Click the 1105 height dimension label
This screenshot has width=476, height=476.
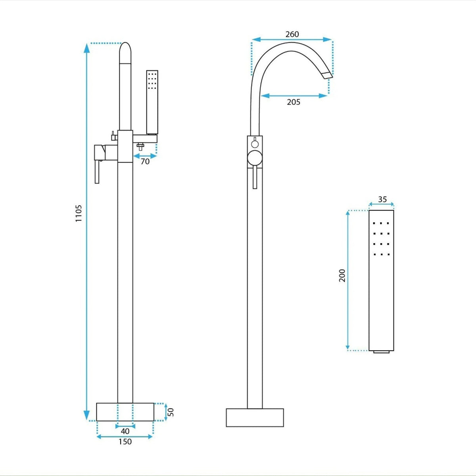(79, 213)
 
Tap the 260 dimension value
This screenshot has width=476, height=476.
(292, 34)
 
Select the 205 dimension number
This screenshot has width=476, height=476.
(294, 102)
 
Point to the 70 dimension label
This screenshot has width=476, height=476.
(145, 161)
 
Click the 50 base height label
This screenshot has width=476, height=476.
(171, 412)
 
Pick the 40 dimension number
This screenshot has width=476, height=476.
(125, 431)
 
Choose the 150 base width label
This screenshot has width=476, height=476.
(125, 441)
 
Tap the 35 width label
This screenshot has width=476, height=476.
(382, 199)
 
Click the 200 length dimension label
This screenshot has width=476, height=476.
(342, 275)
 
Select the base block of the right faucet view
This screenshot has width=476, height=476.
(255, 417)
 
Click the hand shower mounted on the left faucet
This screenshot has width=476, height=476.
(152, 102)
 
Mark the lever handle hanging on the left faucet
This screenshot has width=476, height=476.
(97, 172)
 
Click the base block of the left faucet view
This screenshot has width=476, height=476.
(125, 412)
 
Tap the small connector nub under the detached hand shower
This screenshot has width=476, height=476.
(381, 352)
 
